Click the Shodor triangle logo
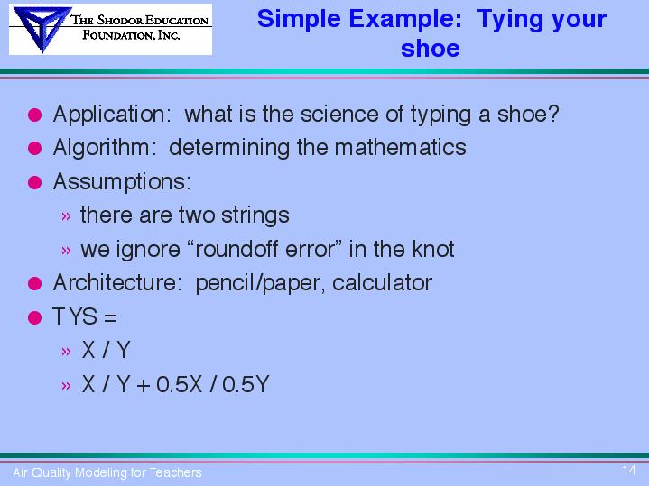[42, 29]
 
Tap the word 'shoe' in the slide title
[431, 49]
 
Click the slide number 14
[629, 471]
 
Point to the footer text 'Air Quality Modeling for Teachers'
[107, 472]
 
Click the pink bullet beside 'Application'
[35, 115]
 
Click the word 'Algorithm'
[101, 148]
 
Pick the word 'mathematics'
[400, 147]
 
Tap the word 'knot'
[433, 250]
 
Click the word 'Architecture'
[115, 283]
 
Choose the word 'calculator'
[382, 283]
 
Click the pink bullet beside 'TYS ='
[35, 317]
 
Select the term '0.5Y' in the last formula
[246, 384]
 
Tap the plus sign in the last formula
[144, 386]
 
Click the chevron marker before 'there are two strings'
[66, 216]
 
